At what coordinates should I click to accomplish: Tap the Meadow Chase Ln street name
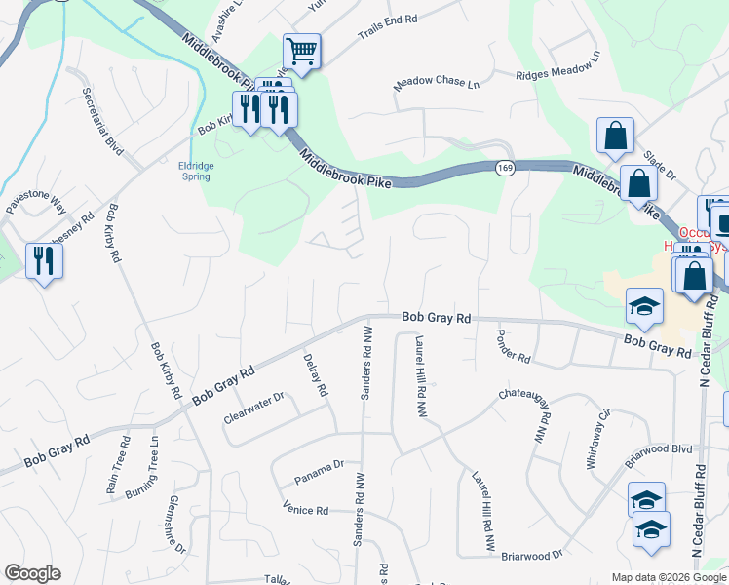point(437,84)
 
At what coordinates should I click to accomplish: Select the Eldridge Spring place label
point(195,171)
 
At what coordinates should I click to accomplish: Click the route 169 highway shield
point(504,168)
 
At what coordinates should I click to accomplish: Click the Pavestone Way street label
point(36,202)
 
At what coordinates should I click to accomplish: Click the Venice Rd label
point(305,509)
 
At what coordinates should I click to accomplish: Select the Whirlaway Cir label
point(597,440)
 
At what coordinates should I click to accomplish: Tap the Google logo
point(32,573)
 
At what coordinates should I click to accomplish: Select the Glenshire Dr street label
point(176,524)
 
